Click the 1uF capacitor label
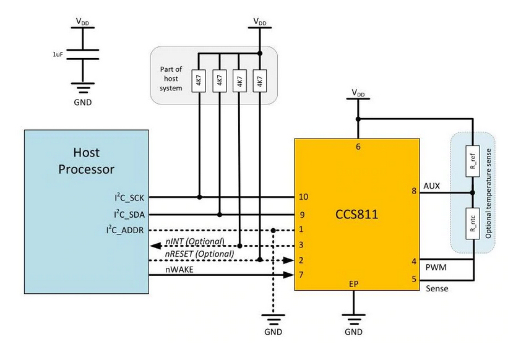(58, 54)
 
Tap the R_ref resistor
(473, 161)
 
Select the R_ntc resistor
(473, 224)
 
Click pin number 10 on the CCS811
(303, 197)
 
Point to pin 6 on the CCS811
(358, 147)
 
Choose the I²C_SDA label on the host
(129, 214)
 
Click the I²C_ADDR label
(125, 230)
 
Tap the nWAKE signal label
(179, 269)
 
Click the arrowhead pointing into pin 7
(288, 275)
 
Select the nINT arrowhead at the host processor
(155, 246)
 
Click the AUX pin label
(431, 186)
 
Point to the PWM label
(436, 267)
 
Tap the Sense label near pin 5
(437, 288)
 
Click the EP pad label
(353, 284)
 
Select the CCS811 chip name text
(356, 214)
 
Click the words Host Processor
(86, 161)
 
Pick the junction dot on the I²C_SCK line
(200, 197)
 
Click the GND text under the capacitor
(83, 102)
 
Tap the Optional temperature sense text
(488, 194)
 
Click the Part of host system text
(171, 79)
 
